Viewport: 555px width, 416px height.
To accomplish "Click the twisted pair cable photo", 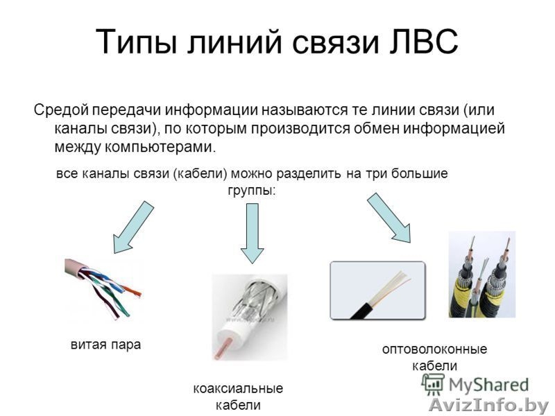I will point(104,289).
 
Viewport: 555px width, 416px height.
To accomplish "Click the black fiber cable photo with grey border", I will point(377,290).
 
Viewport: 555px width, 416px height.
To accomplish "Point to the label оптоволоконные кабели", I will point(434,356).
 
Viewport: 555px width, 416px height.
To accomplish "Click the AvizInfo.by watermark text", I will point(488,404).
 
